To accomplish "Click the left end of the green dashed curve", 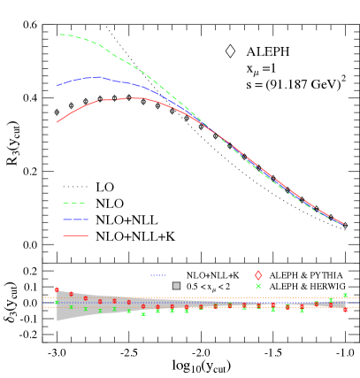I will (x=60, y=35).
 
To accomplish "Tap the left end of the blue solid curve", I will (x=57, y=86).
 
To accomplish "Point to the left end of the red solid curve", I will (x=57, y=122).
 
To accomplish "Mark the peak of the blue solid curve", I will (x=97, y=77).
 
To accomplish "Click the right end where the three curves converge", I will (x=343, y=224).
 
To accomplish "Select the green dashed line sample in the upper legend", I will (x=75, y=203).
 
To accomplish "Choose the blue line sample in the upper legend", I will (x=75, y=220).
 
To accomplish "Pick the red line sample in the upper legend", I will (x=75, y=235).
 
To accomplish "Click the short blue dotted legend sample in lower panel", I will (x=158, y=275).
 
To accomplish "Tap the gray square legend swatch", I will (x=176, y=286).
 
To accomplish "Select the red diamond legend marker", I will (x=258, y=275).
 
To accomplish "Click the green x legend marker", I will (x=258, y=286).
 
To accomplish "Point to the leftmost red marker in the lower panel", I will (x=57, y=289).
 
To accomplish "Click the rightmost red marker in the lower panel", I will (x=345, y=309).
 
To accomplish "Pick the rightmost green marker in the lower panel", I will (x=345, y=296).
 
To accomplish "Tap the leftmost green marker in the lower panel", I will (x=57, y=302).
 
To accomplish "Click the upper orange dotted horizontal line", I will (x=203, y=297).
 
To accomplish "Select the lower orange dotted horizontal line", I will (x=203, y=307).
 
